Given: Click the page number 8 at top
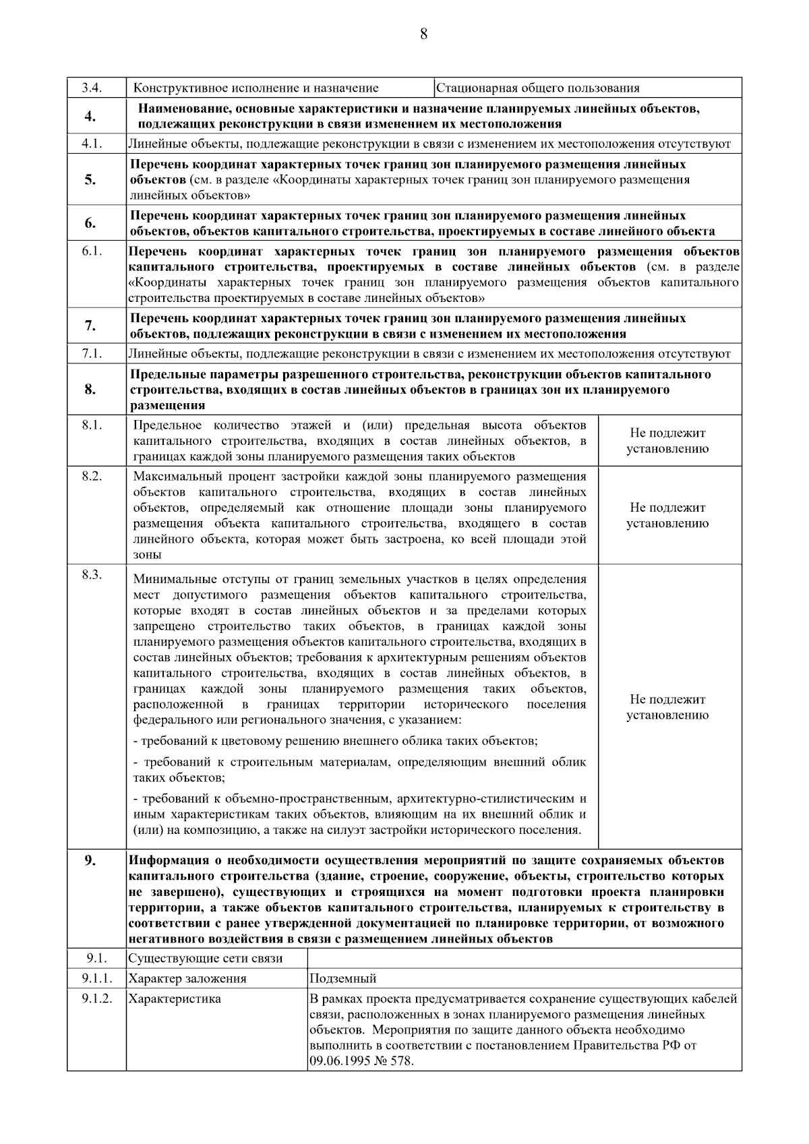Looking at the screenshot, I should click(423, 34).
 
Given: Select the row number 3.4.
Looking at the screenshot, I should click(92, 88).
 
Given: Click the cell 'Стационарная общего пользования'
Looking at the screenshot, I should click(537, 88).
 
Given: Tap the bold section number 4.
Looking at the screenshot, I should click(90, 117).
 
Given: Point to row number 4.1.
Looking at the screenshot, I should click(92, 144).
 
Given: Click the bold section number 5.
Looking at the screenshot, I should click(90, 179).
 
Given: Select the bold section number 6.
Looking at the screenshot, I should click(90, 223).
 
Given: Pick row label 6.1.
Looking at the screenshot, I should click(92, 251).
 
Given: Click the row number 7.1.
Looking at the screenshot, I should click(92, 353).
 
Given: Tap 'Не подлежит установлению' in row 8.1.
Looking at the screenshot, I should click(667, 441).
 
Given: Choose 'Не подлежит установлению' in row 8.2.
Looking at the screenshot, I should click(667, 516).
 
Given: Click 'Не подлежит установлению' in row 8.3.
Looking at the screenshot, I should click(667, 707).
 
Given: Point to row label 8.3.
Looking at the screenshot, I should click(92, 574).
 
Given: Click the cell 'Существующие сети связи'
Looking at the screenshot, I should click(206, 958).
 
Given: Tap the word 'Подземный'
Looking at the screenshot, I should click(342, 978).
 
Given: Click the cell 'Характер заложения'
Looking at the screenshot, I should click(187, 978).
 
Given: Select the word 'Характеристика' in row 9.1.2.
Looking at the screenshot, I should click(175, 998).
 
